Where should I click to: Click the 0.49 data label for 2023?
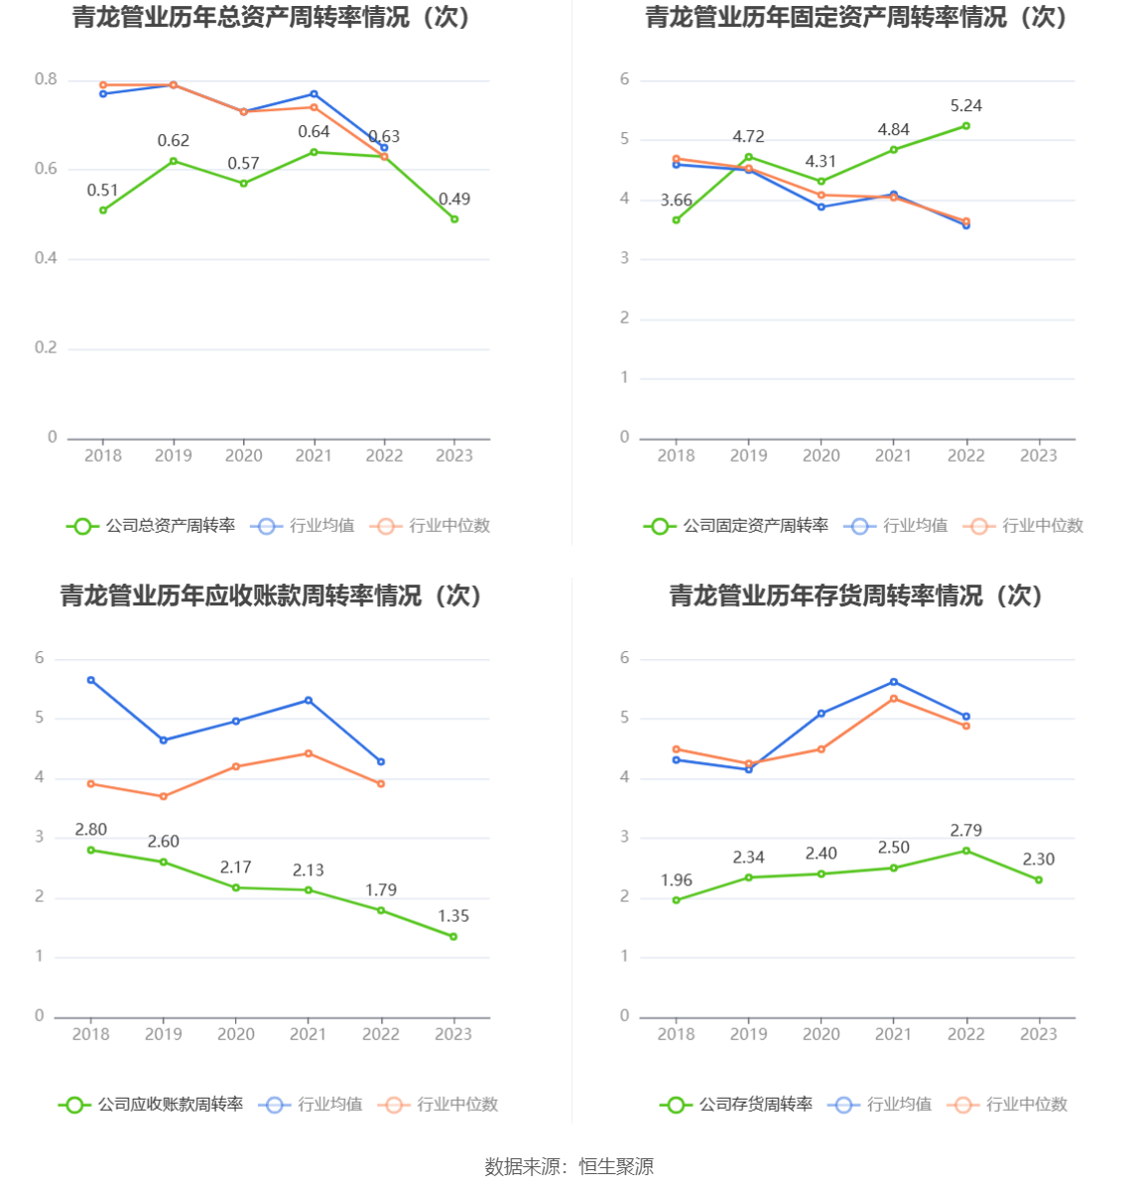pos(454,199)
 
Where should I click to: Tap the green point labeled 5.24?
pos(966,126)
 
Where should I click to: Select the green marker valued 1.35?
pos(453,937)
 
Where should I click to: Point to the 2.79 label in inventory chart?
pos(966,831)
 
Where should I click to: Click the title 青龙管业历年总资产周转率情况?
pos(271,18)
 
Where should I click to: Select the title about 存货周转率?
pos(856,596)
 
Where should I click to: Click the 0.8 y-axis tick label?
pos(47,79)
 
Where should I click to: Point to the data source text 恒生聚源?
pos(616,1167)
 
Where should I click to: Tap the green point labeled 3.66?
pos(676,220)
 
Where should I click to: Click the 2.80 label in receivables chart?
pos(91,830)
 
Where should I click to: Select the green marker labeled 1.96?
pos(676,900)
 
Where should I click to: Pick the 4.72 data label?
pos(748,137)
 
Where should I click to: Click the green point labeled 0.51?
pos(103,210)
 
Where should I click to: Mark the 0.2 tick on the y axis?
pos(47,347)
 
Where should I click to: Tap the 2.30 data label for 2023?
pos(1039,860)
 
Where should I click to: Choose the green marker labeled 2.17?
pos(236,887)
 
